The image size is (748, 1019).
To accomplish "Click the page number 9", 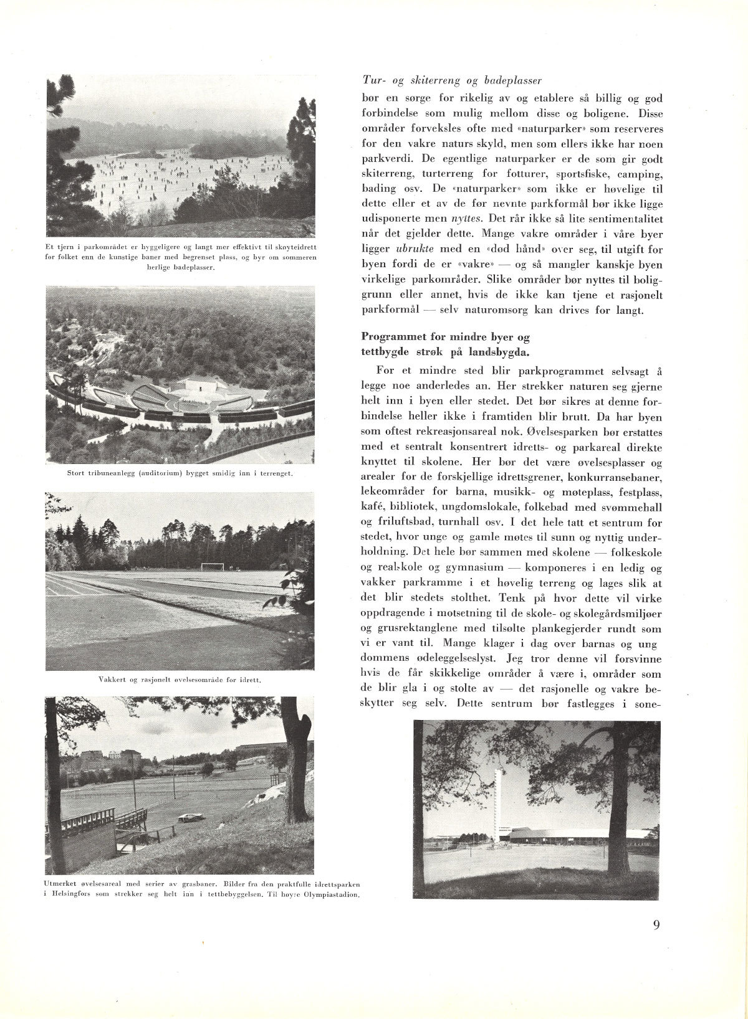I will [656, 924].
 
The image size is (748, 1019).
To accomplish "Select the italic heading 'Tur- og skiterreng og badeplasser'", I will [452, 80].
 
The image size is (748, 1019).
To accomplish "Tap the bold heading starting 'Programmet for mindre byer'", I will [446, 344].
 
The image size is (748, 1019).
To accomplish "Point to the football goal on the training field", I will [211, 566].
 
